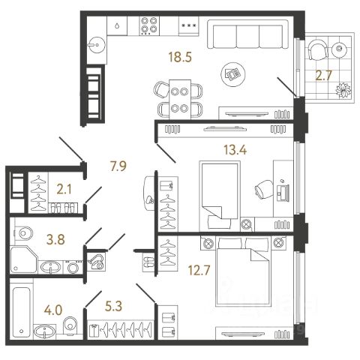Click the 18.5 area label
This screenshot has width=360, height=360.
coord(180,57)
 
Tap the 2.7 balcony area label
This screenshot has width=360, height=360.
coord(323,75)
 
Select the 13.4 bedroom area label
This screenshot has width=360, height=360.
coord(235,150)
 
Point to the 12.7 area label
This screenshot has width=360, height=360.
coord(199,270)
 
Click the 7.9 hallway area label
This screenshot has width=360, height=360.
coord(118,166)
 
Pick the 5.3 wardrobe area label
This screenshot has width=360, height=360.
coord(114,306)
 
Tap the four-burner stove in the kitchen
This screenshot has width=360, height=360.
coord(149,25)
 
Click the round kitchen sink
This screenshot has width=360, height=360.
coord(97,45)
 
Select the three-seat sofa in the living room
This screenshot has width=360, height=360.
coord(247,34)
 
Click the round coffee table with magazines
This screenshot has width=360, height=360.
coord(233,74)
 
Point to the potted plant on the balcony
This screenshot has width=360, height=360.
coord(343,90)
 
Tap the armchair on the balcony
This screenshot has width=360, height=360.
coord(318,49)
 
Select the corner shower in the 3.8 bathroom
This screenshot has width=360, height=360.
coord(23,259)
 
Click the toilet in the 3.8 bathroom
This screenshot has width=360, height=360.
coord(23,233)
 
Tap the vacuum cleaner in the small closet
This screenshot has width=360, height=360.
coord(97,262)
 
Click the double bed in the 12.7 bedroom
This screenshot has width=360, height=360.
coord(244,271)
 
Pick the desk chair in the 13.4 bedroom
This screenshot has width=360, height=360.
coord(264,189)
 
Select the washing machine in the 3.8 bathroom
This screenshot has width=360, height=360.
coord(73,267)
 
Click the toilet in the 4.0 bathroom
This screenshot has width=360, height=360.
coord(70,325)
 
